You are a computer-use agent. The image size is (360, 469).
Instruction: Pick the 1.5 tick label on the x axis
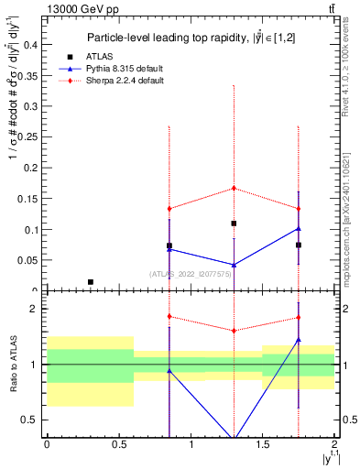pos(262,444)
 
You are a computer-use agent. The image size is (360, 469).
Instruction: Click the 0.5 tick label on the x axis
pos(118,444)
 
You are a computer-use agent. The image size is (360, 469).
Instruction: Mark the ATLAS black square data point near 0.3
pos(90,282)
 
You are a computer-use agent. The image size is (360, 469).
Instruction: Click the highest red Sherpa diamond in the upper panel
pos(234,188)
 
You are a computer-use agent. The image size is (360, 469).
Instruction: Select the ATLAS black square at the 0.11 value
pos(234,224)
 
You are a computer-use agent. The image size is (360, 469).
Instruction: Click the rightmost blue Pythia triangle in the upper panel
pos(299,228)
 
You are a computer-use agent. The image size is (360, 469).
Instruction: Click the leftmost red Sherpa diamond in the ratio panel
pos(169,316)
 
